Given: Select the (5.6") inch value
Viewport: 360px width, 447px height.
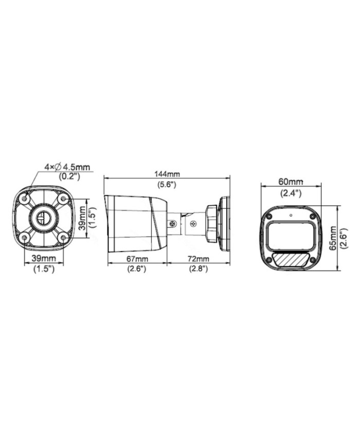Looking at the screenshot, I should pyautogui.click(x=167, y=184).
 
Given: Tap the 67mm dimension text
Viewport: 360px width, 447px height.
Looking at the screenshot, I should pyautogui.click(x=137, y=259).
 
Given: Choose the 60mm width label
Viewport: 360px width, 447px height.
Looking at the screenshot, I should pyautogui.click(x=291, y=182).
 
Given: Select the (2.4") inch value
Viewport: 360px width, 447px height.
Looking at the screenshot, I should pyautogui.click(x=291, y=193).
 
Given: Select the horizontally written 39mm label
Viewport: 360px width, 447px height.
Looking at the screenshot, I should pyautogui.click(x=44, y=259).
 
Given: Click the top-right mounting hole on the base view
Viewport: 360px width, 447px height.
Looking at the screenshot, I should pyautogui.click(x=63, y=198).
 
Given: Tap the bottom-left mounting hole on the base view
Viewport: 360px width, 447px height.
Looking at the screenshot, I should pyautogui.click(x=24, y=237).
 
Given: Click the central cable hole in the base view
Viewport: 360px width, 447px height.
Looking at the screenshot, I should pyautogui.click(x=44, y=218).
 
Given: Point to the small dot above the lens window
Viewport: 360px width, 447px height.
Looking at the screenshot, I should pyautogui.click(x=291, y=214).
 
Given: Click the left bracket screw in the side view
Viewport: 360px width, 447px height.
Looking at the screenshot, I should pyautogui.click(x=173, y=224).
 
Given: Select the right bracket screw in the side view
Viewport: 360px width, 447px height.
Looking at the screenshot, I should pyautogui.click(x=193, y=224).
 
